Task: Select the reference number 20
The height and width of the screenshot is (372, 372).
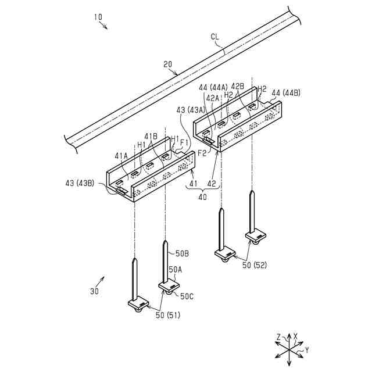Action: click(x=168, y=65)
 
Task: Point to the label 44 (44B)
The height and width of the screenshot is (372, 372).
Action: click(x=285, y=92)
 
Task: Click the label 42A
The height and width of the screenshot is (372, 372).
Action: click(x=212, y=98)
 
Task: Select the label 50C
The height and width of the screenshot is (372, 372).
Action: click(x=187, y=296)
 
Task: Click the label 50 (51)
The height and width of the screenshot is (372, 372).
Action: click(x=167, y=315)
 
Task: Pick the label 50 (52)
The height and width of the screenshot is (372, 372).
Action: click(x=254, y=265)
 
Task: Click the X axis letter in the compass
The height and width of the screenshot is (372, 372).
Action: click(x=296, y=336)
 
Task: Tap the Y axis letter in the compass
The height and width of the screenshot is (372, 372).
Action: click(x=306, y=350)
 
